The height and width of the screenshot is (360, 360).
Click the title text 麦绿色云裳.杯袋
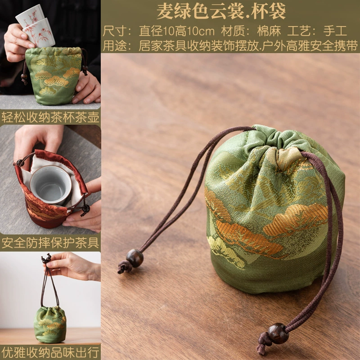point(221,11)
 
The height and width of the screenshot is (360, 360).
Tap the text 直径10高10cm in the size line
point(176,31)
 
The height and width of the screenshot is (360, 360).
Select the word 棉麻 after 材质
point(269,31)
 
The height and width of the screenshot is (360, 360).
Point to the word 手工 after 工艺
point(335,31)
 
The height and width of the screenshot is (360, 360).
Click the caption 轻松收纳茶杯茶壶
point(50,117)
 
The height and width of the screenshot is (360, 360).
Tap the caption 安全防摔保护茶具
point(50,243)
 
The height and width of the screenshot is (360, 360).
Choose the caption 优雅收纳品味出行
point(50,352)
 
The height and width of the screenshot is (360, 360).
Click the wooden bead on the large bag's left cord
point(135,258)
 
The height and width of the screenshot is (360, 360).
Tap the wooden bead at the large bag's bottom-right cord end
point(278,333)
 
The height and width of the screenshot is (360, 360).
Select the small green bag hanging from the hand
point(50,324)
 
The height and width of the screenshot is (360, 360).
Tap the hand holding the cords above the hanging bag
point(73,266)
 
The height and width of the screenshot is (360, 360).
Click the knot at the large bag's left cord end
point(124,267)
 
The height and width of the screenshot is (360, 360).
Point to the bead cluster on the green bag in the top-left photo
point(24,77)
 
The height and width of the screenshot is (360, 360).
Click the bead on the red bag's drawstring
point(86,208)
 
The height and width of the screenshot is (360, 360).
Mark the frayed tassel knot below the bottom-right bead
point(263,343)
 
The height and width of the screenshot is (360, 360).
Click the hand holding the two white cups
point(17,42)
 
